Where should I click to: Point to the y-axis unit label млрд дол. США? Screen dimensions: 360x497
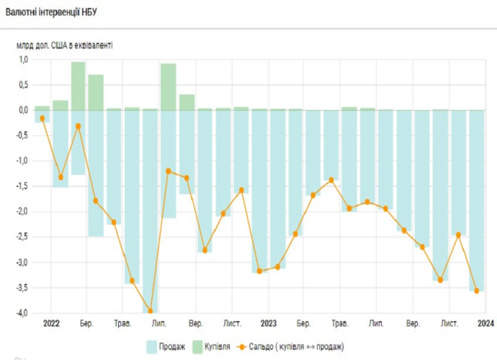64,45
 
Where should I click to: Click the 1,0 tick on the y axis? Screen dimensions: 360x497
22,60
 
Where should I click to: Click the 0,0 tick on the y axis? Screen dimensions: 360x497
22,110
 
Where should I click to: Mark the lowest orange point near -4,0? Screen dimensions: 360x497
151,311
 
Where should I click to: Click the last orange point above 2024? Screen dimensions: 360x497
476,291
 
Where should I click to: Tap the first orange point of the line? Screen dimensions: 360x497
42,118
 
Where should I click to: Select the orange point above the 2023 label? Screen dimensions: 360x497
259,271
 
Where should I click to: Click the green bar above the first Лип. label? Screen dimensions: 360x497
169,86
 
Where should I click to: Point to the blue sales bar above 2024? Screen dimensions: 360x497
476,201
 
